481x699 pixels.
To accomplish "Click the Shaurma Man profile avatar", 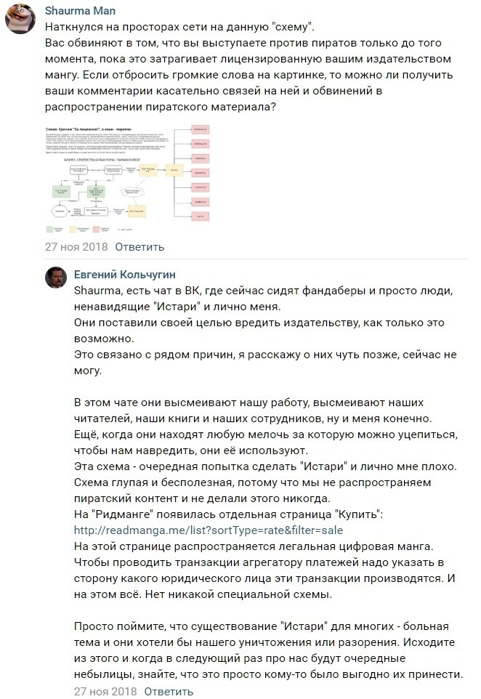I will tap(21, 19).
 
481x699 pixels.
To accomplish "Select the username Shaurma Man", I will tap(80, 11).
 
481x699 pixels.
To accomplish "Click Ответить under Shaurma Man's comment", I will tap(140, 246).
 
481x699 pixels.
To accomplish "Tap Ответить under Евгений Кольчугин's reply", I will tap(169, 691).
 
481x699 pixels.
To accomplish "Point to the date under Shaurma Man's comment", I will tap(76, 246).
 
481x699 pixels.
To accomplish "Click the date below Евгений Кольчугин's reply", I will tap(105, 691).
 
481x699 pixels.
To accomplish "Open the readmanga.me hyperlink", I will tap(208, 530).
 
